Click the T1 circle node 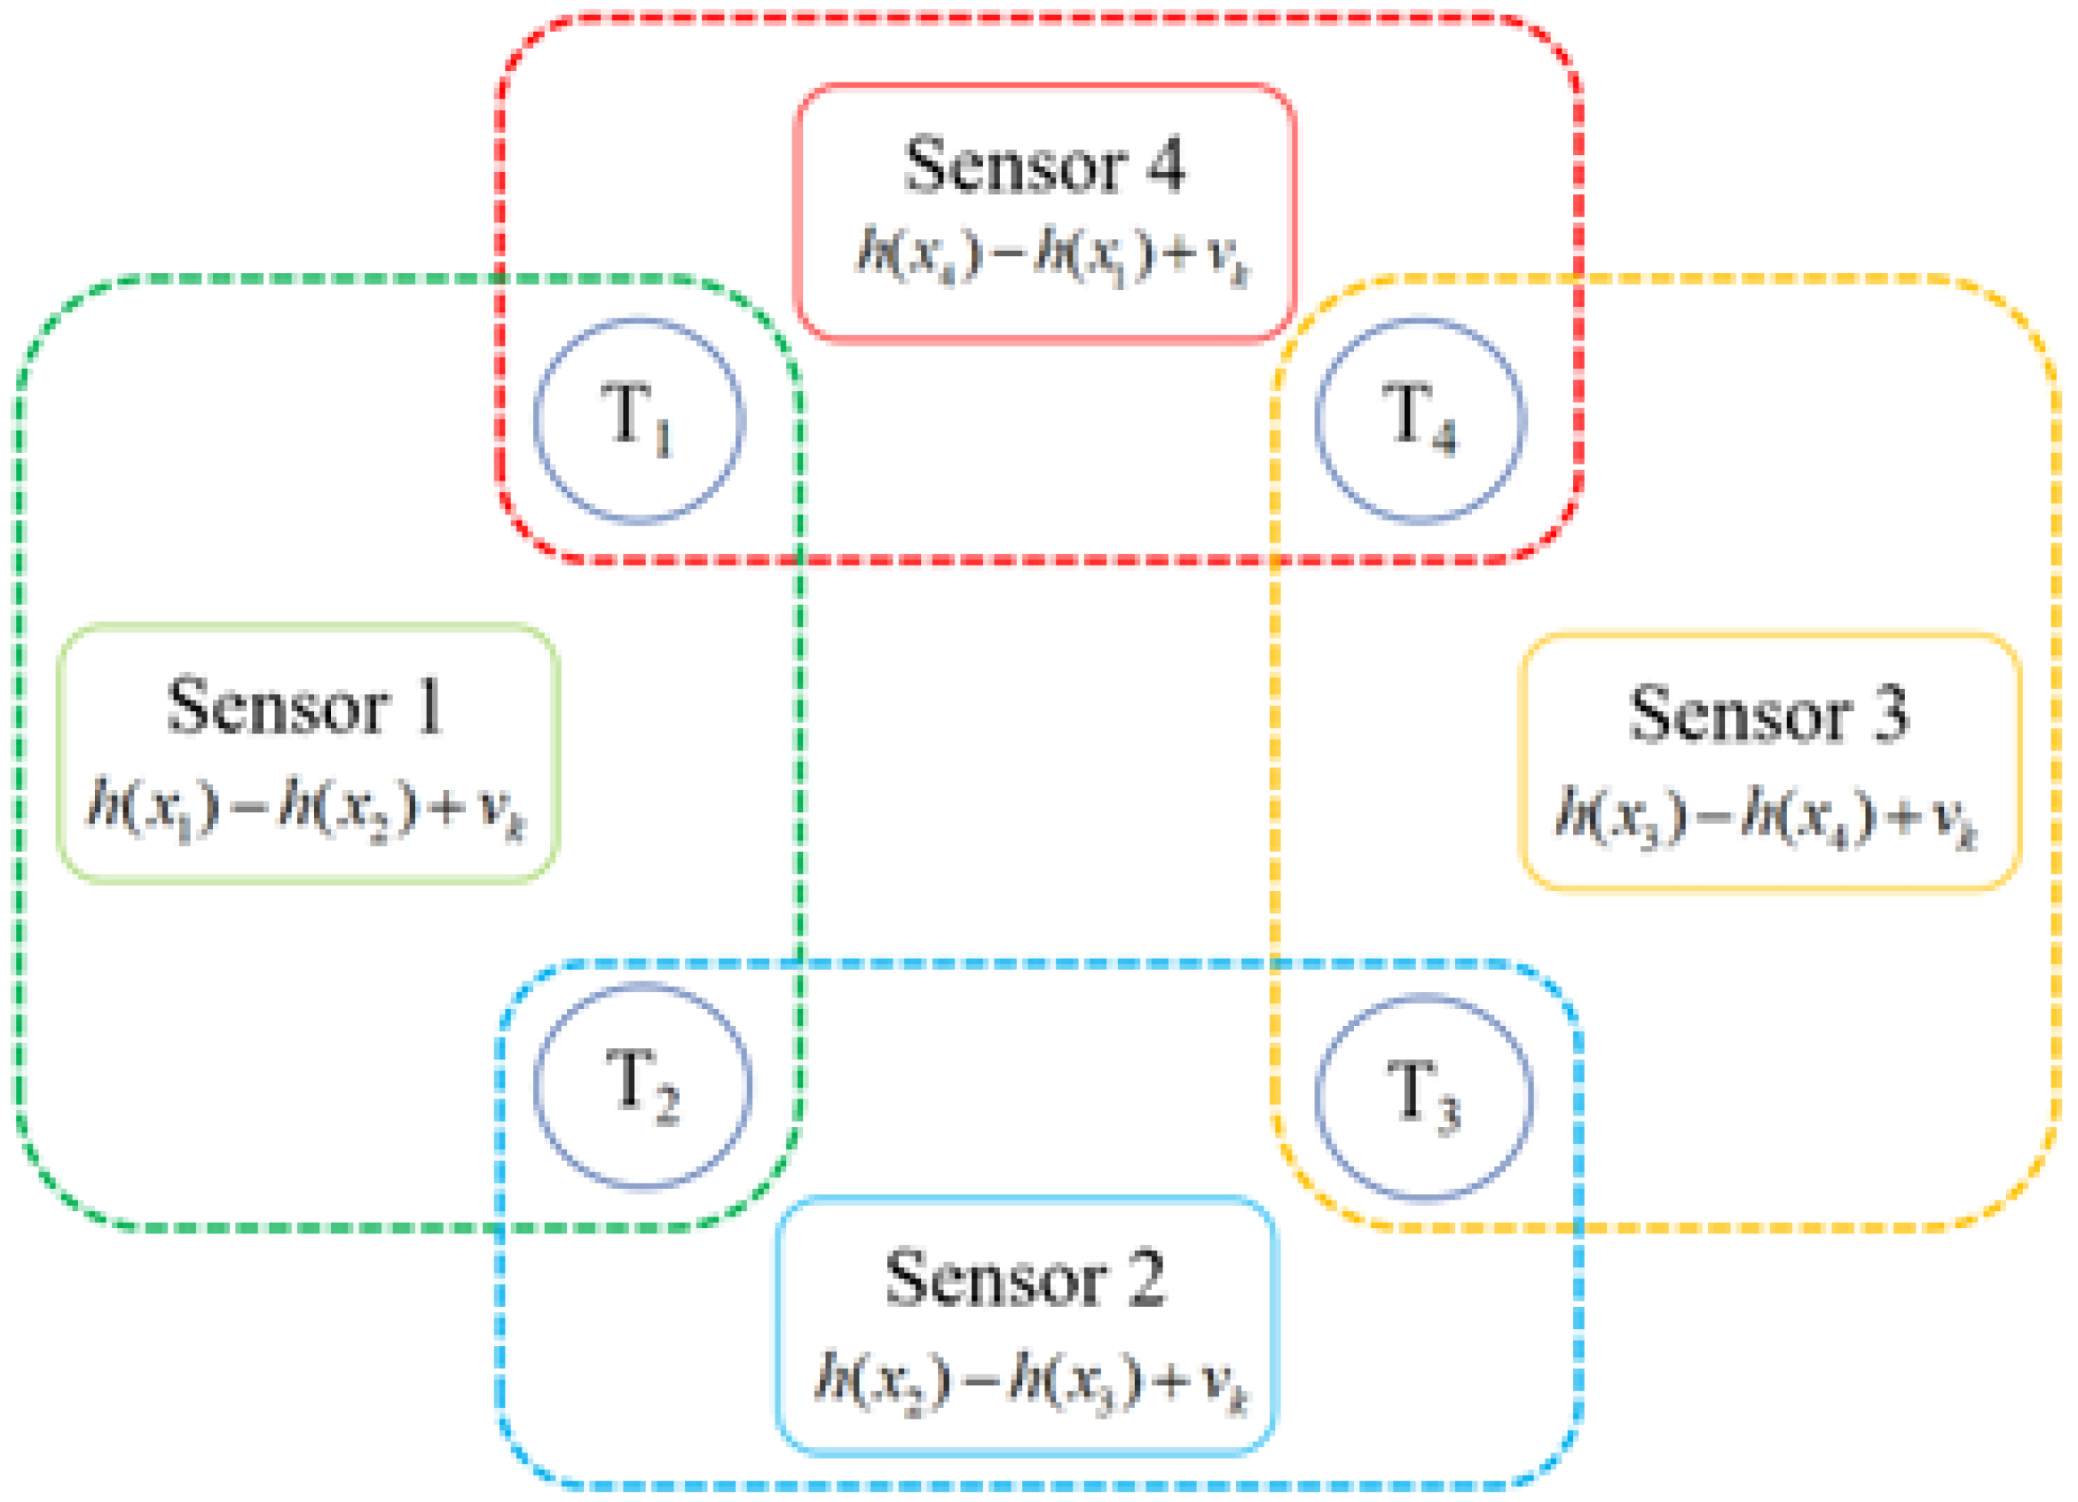point(639,420)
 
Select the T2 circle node point(642,1085)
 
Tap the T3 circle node point(1423,1096)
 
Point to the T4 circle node point(1421,420)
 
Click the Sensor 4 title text point(1044,165)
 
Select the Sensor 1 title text point(306,706)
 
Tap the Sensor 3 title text point(1768,714)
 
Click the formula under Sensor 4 point(1051,252)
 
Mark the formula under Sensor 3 point(1767,815)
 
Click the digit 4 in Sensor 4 point(1167,165)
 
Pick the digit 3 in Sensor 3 point(1889,714)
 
